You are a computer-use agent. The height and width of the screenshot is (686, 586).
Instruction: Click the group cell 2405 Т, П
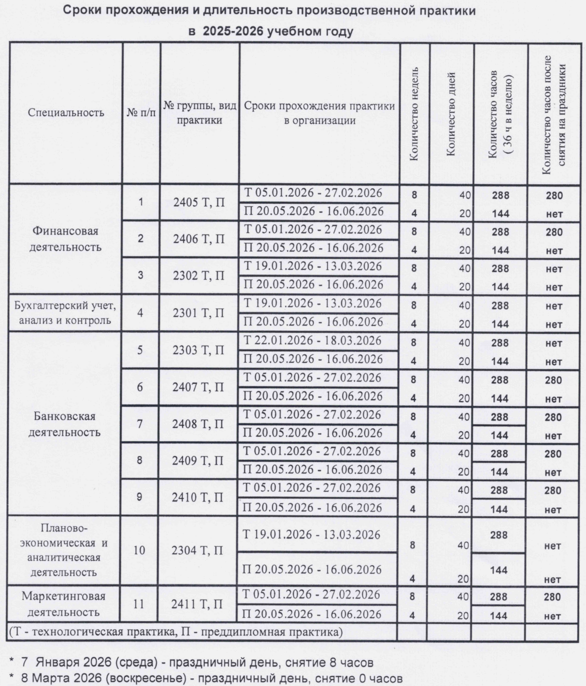(x=199, y=203)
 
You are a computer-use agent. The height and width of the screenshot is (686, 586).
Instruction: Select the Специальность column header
(x=66, y=113)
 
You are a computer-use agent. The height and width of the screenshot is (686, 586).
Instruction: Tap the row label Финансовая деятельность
(x=65, y=239)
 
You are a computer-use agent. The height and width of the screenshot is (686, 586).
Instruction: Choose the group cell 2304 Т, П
(x=198, y=551)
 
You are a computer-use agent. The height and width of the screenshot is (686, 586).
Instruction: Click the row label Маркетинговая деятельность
(x=64, y=604)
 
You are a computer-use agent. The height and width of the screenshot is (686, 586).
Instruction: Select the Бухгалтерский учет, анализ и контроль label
(x=65, y=313)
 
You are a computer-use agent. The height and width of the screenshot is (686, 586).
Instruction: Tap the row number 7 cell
(x=140, y=424)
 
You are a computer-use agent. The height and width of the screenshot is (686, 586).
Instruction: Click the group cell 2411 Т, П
(x=197, y=605)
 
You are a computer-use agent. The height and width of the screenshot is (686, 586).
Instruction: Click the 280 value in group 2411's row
(x=552, y=597)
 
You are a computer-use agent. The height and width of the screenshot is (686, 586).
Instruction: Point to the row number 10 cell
(x=139, y=550)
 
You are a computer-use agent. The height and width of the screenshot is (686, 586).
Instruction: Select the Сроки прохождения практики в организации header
(x=319, y=113)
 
